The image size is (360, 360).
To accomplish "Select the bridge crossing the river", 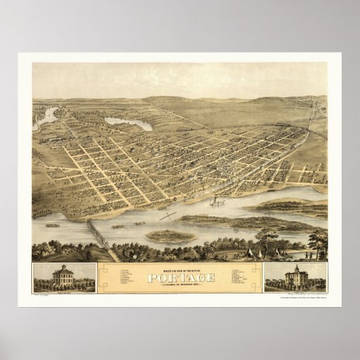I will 101,236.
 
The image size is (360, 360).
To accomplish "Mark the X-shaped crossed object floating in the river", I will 167,217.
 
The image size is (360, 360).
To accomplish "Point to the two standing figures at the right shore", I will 307,255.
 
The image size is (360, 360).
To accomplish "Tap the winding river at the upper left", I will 48,118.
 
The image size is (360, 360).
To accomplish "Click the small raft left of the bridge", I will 52,225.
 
